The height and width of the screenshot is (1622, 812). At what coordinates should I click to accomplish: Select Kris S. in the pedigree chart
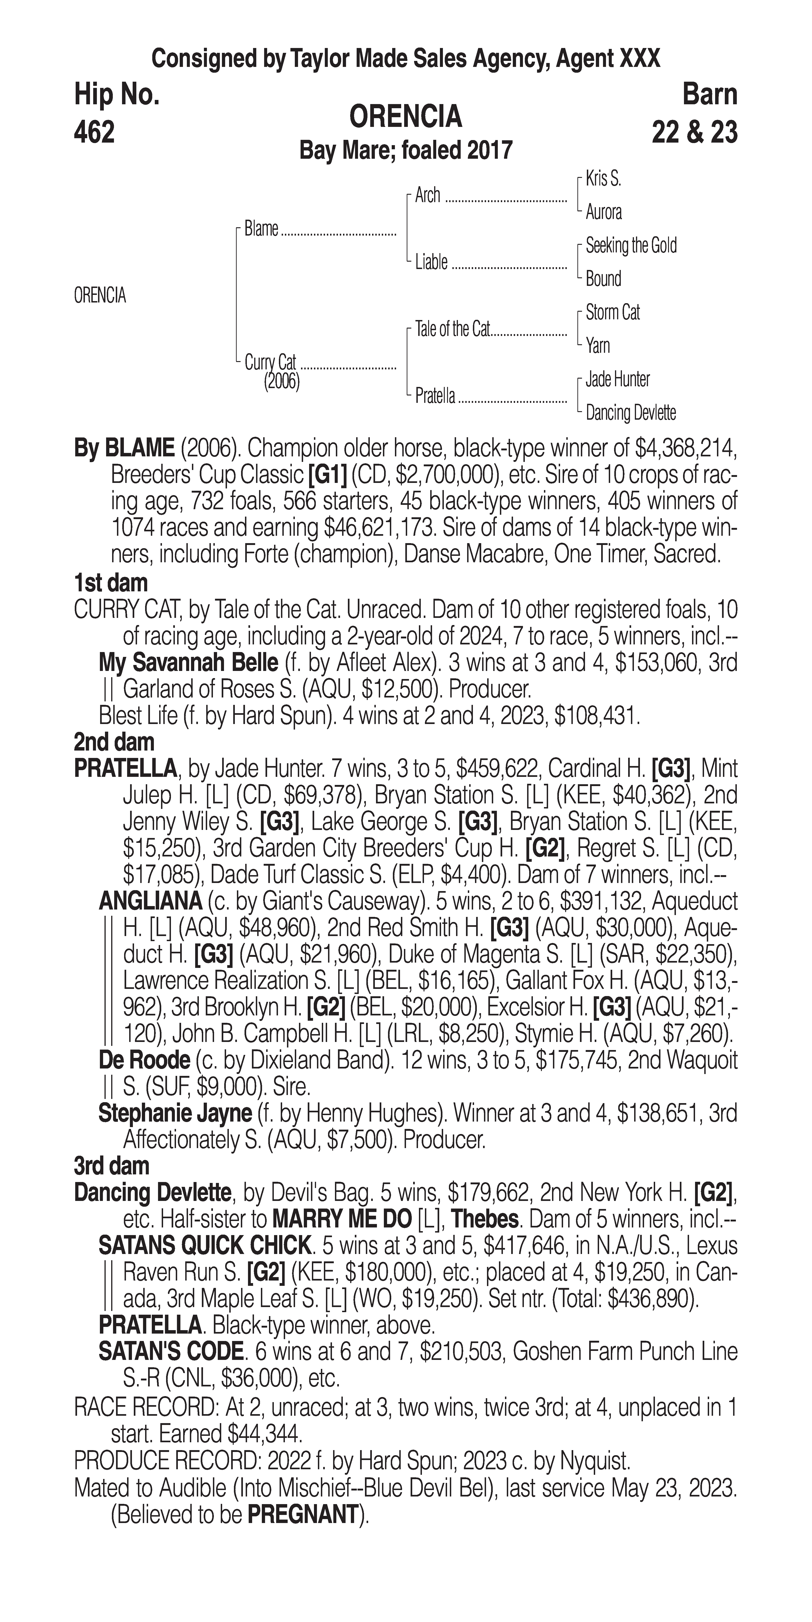point(603,179)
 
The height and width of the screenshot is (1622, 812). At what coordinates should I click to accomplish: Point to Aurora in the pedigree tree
point(603,212)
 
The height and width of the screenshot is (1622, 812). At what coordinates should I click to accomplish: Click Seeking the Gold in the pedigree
point(631,245)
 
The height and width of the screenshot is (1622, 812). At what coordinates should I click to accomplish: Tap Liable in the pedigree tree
point(431,262)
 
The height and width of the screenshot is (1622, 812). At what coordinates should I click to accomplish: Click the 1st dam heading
point(111,583)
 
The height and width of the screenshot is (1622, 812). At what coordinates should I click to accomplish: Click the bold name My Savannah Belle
point(188,662)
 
